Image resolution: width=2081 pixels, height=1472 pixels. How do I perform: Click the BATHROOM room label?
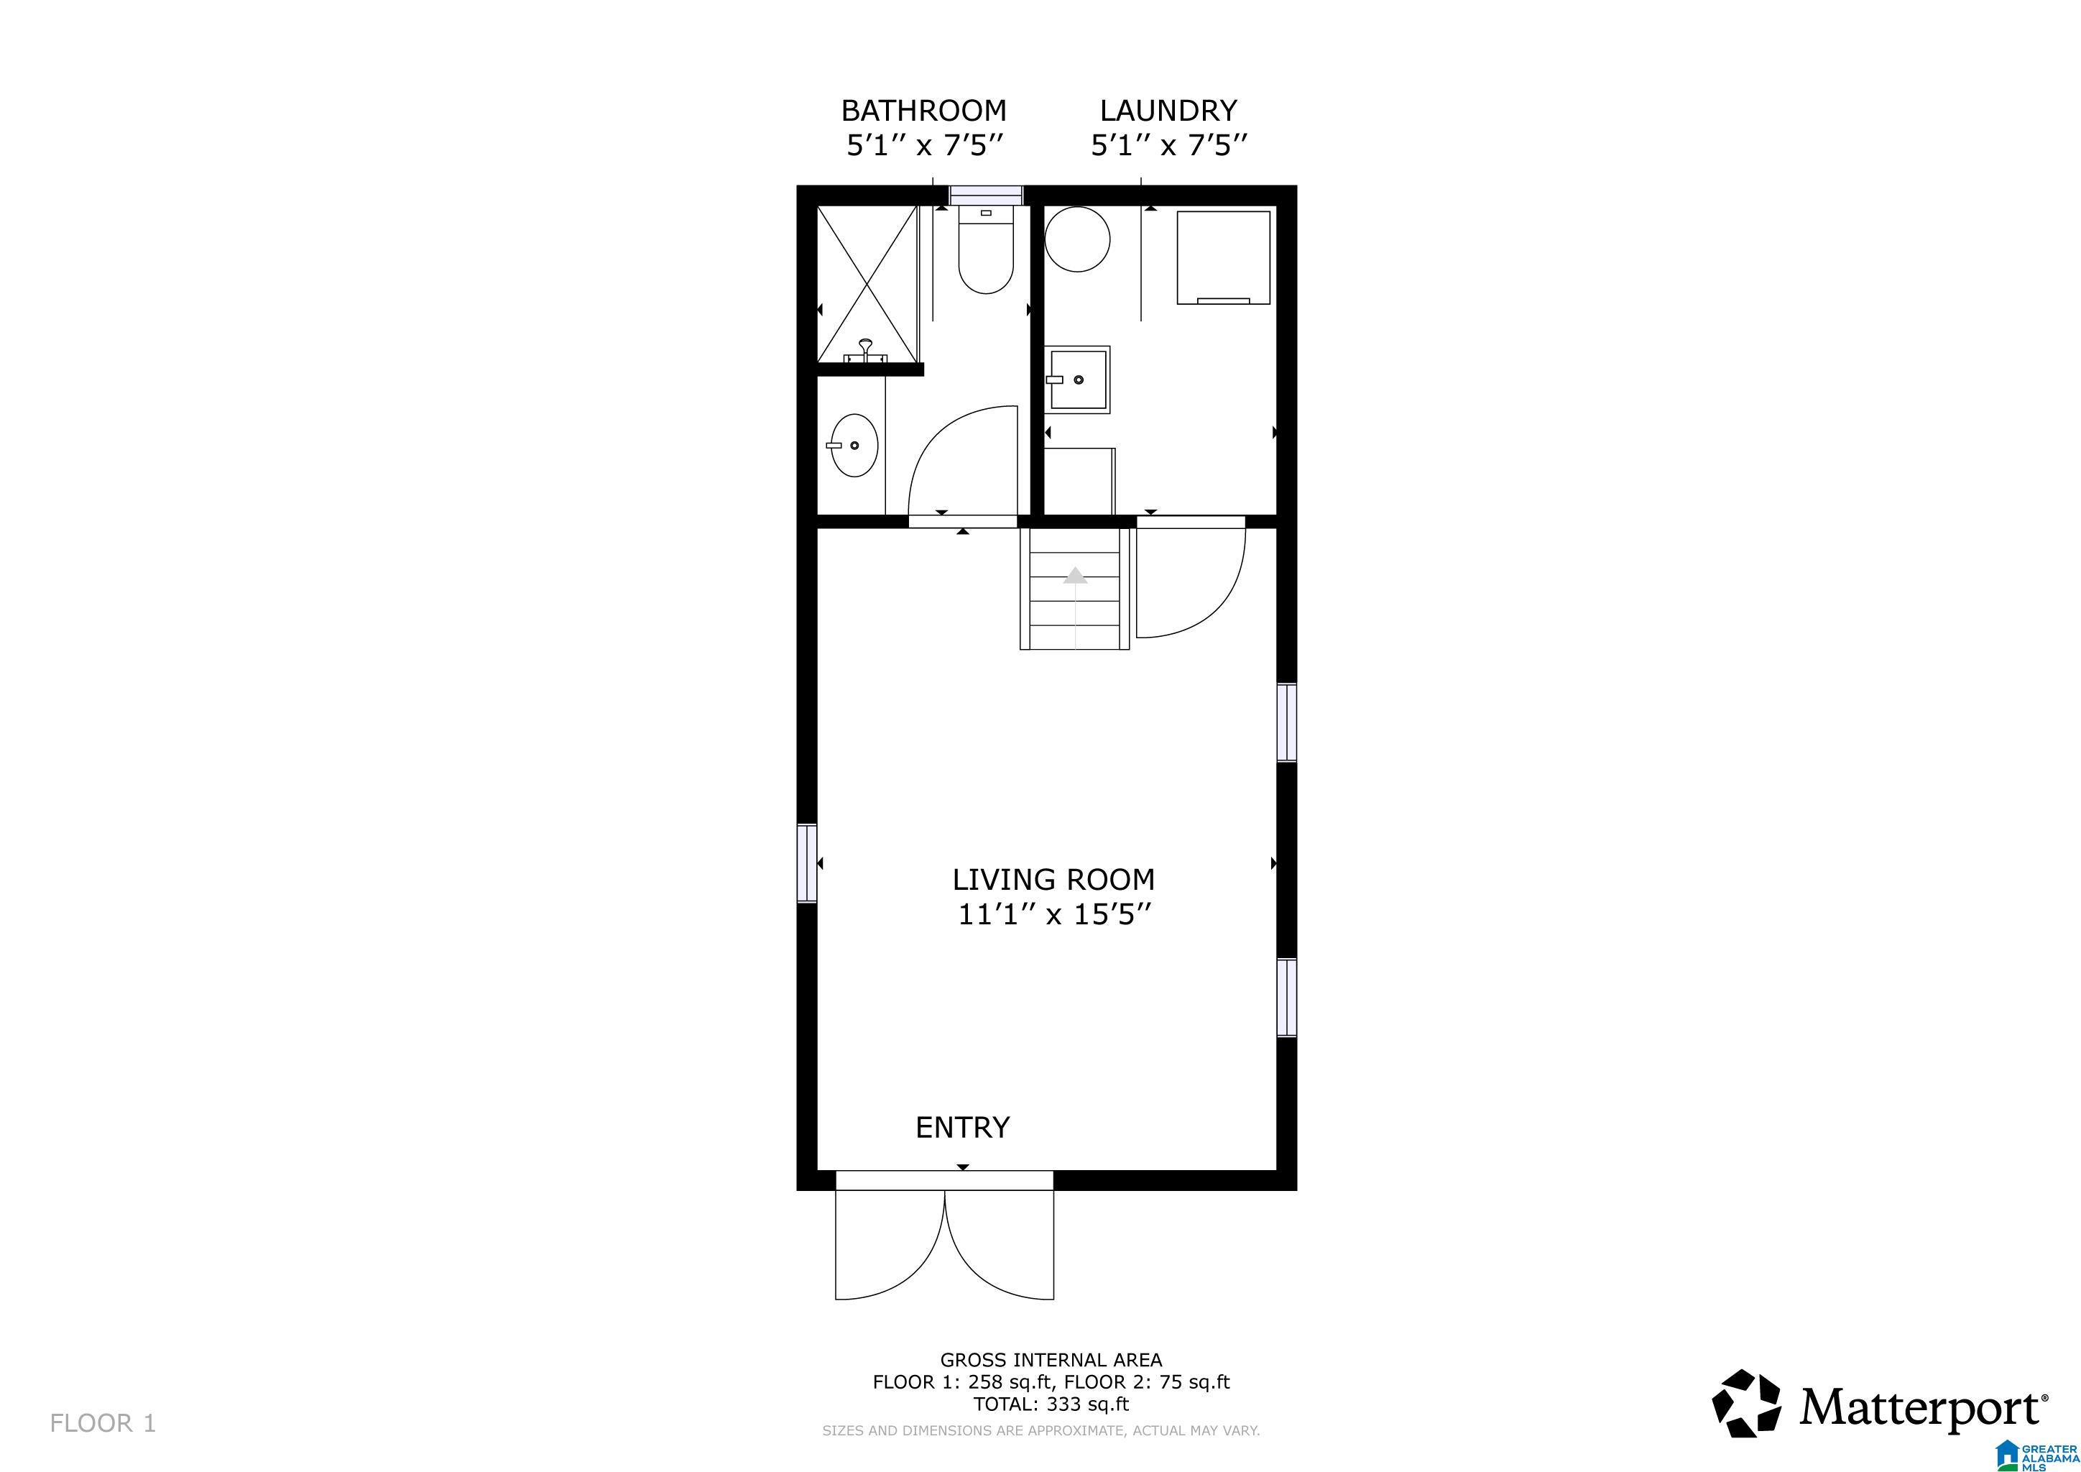[x=923, y=111]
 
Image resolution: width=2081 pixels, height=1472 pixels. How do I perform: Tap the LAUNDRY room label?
[x=1168, y=111]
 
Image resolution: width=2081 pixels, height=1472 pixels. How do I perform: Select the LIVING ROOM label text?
[x=1053, y=879]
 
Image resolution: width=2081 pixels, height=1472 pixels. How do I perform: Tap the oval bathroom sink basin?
[x=854, y=445]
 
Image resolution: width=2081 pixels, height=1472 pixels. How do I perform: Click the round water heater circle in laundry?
[x=1078, y=239]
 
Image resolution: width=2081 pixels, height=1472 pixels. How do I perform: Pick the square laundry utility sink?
[x=1079, y=379]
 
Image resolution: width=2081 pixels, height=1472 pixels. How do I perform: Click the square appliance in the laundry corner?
[x=1223, y=257]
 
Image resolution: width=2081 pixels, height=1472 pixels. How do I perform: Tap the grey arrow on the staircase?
[x=1075, y=575]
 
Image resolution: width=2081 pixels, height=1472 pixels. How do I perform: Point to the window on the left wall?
[x=807, y=863]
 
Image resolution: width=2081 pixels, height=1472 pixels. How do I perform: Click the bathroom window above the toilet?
[x=985, y=195]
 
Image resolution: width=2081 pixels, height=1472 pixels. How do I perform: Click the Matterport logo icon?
[x=1745, y=1404]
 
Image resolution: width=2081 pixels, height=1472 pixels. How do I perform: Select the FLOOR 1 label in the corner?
[x=103, y=1423]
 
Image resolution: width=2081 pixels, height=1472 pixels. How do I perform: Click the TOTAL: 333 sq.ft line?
[x=1051, y=1404]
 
